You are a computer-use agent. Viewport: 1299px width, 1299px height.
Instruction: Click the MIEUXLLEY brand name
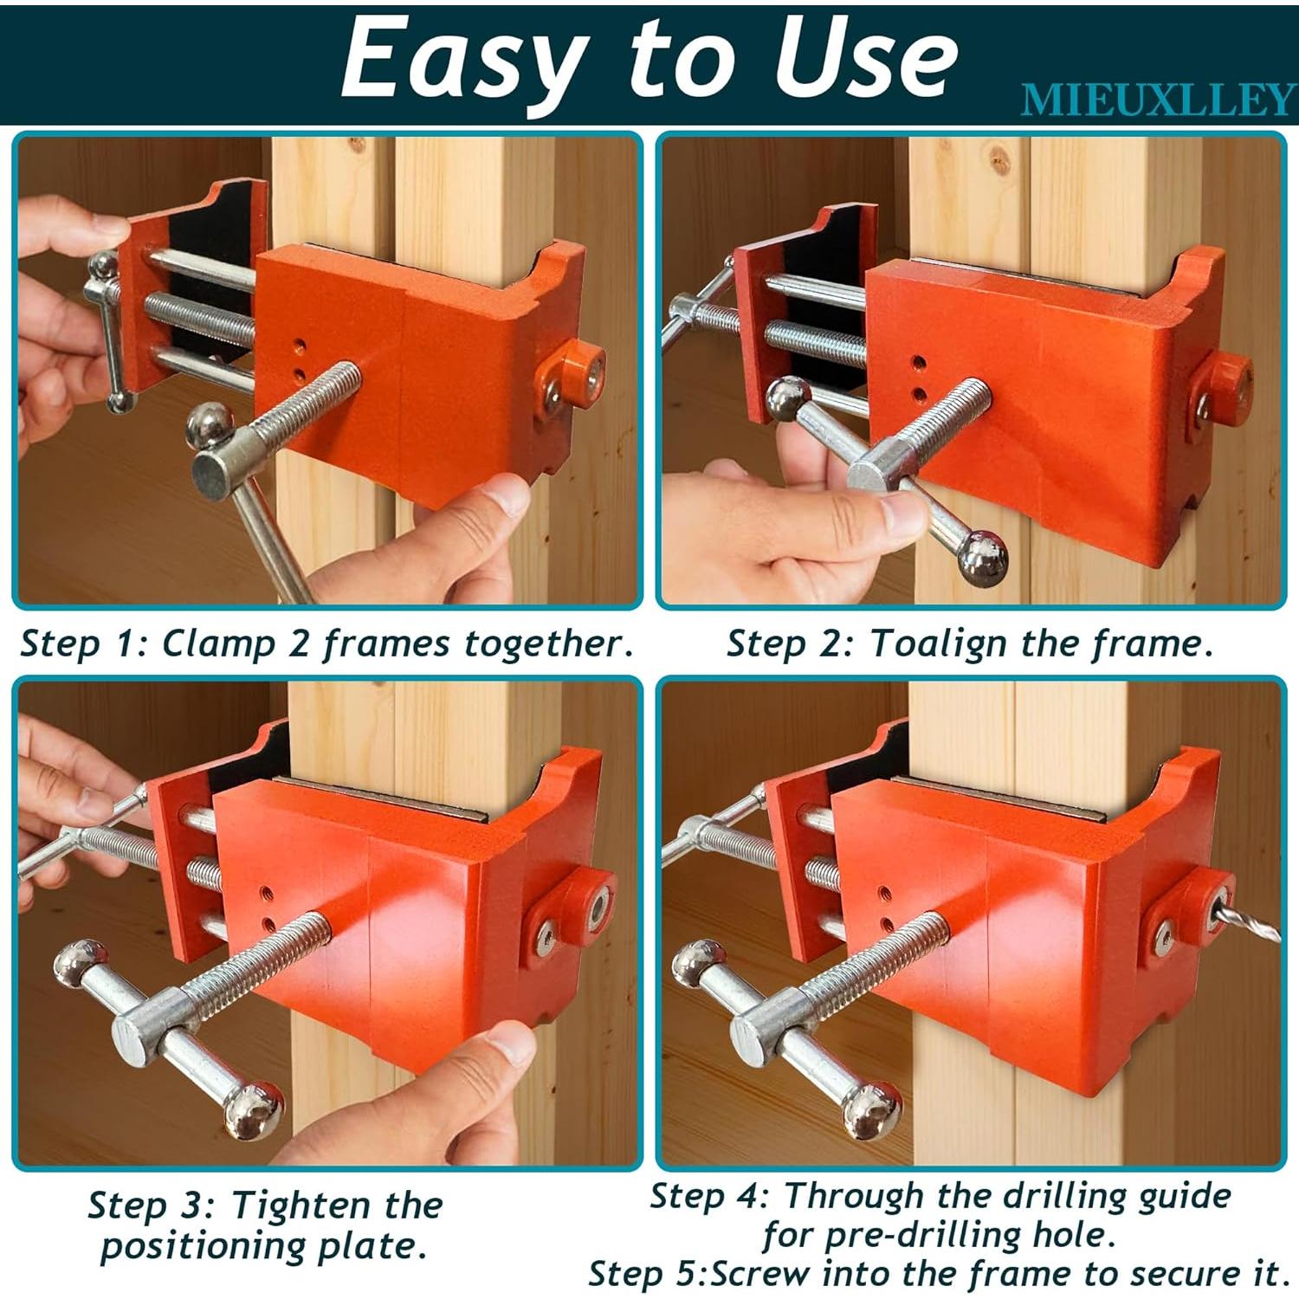coord(1158,100)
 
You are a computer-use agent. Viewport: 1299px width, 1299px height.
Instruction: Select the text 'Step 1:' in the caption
coord(85,643)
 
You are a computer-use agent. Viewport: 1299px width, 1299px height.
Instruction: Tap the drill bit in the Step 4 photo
coord(1250,920)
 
